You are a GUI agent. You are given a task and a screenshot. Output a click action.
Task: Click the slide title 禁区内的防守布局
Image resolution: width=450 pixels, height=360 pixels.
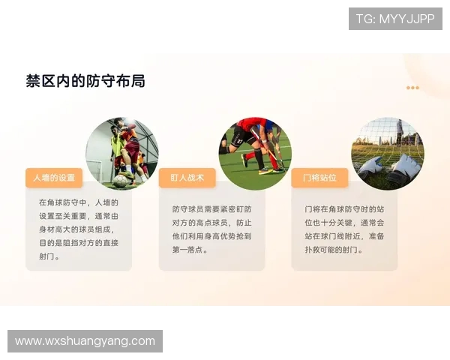[x=85, y=81]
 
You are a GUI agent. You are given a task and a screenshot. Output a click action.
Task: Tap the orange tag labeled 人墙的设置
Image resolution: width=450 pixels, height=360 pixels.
[x=54, y=178]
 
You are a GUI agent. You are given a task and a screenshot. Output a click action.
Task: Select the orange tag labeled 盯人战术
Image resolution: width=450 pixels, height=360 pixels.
[x=187, y=178]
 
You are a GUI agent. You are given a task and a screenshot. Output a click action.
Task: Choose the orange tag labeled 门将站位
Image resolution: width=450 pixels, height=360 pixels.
[x=319, y=178]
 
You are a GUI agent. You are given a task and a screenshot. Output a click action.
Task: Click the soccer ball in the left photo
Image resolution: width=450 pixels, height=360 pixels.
[x=120, y=180]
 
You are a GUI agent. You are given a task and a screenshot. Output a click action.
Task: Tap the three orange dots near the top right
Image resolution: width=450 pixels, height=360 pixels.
[x=412, y=88]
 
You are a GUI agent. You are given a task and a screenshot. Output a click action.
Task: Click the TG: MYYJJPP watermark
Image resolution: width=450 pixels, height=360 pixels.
[x=395, y=19]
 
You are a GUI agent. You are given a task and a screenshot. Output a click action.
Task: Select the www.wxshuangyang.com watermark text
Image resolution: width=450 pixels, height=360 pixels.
[x=85, y=341]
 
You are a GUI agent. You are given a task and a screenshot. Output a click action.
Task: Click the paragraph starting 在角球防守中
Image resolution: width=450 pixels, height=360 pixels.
[x=79, y=229]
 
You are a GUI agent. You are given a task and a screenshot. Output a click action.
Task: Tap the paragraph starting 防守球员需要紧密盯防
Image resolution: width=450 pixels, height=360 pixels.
[x=211, y=229]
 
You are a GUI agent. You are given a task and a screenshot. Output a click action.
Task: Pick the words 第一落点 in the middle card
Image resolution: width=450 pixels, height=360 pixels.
[x=190, y=249]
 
